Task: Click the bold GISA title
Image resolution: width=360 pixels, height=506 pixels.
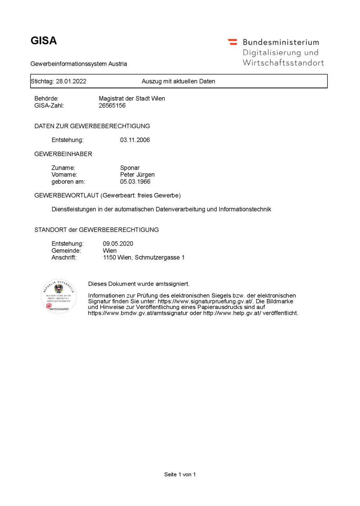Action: tap(44, 41)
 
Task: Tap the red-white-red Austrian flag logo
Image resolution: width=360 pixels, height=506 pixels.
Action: tap(232, 42)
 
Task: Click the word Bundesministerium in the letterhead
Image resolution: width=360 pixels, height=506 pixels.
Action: tap(281, 42)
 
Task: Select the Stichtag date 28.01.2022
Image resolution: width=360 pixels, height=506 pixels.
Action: tap(71, 81)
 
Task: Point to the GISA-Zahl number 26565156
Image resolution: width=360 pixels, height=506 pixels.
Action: tap(112, 106)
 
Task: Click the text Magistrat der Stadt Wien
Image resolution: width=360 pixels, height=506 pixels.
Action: tap(132, 99)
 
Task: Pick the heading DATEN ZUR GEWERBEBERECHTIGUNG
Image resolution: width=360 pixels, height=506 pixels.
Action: tap(92, 126)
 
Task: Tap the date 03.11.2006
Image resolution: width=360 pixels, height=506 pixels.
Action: tap(135, 140)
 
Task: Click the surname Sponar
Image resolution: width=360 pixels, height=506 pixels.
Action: tap(130, 168)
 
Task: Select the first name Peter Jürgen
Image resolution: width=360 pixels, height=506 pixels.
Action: tap(137, 175)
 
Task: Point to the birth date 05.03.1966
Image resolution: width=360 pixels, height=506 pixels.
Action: tap(135, 182)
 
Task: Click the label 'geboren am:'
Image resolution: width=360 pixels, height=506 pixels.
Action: tap(68, 182)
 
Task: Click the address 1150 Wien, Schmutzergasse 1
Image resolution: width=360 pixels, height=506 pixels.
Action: tap(144, 258)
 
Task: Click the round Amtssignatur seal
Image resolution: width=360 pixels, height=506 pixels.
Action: tap(58, 296)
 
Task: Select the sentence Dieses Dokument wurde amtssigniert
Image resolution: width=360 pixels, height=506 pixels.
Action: tap(139, 284)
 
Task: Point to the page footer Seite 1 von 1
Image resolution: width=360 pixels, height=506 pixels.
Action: tap(180, 474)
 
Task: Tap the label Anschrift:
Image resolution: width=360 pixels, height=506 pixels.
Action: tap(64, 258)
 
